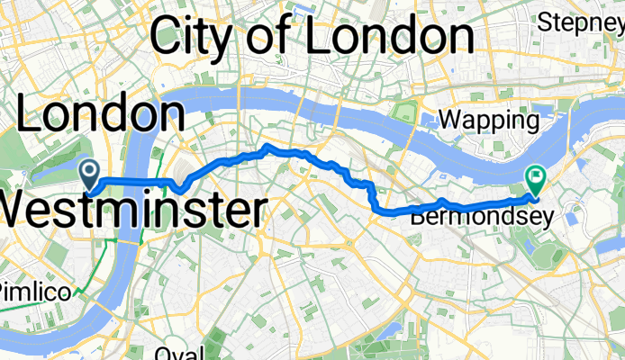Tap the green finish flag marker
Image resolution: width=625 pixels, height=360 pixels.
click(x=534, y=178)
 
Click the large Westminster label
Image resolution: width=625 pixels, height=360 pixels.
click(x=133, y=211)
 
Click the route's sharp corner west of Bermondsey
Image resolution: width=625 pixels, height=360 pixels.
click(x=374, y=209)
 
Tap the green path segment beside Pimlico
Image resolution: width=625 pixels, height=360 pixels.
click(x=86, y=291)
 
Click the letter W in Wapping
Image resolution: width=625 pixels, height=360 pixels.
click(x=448, y=120)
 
